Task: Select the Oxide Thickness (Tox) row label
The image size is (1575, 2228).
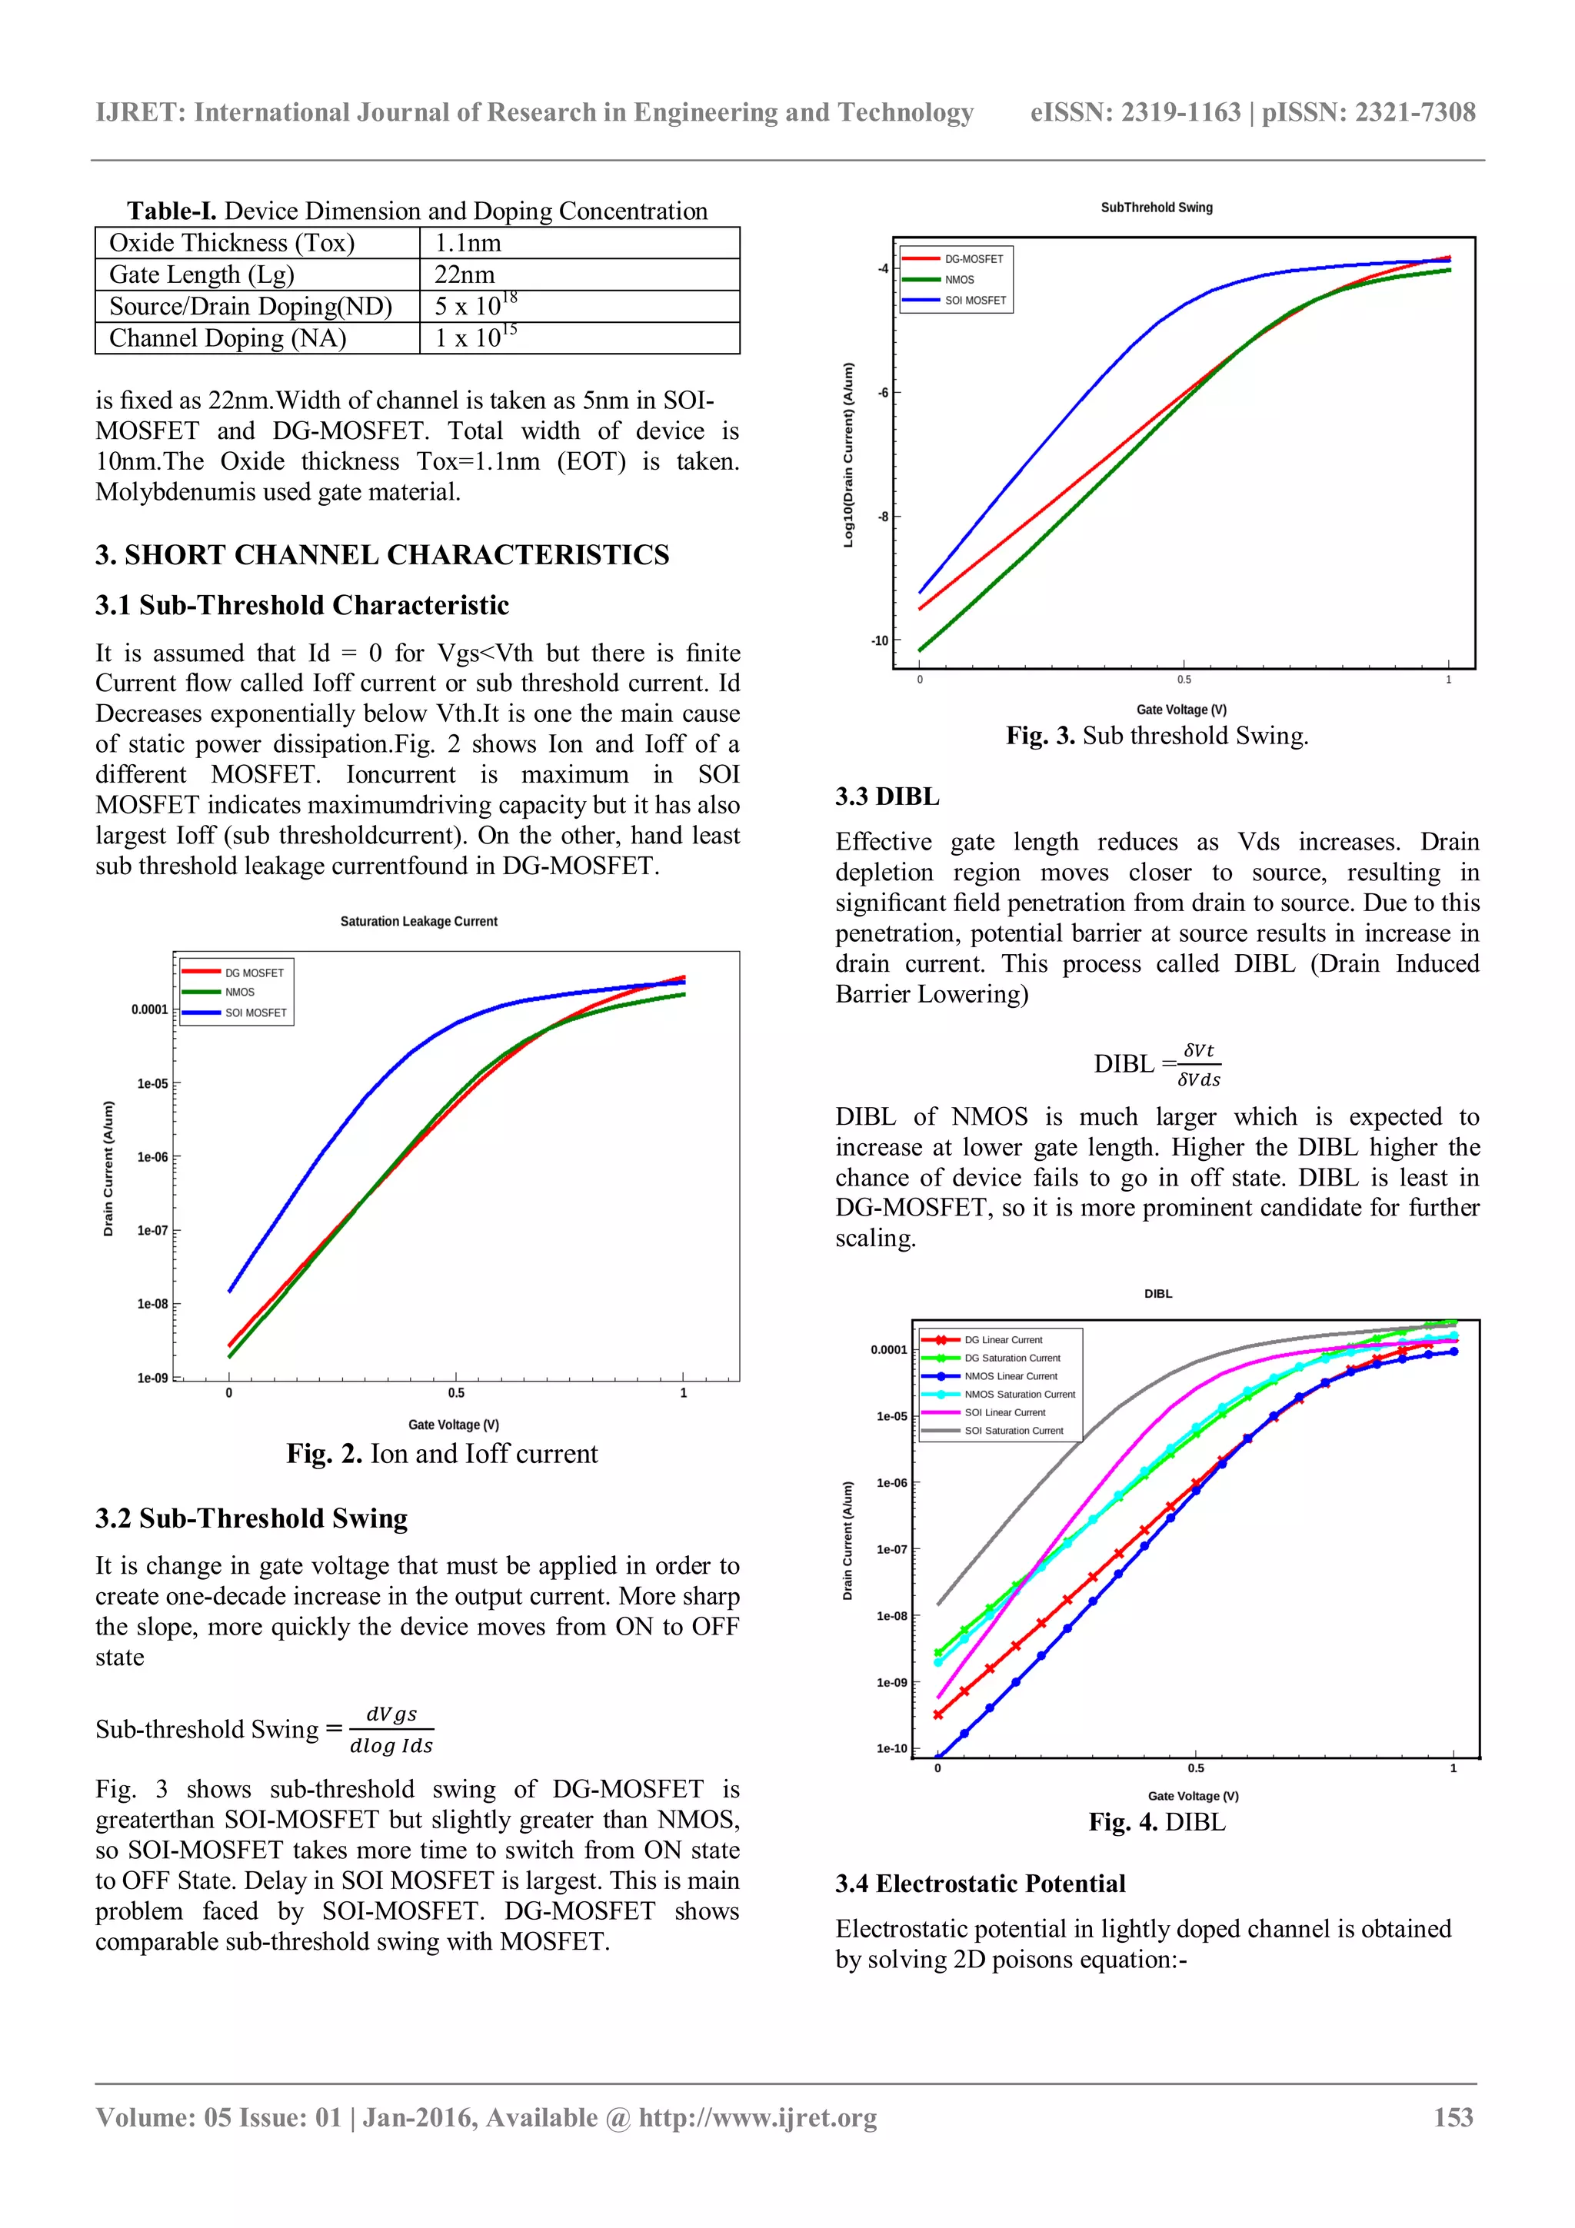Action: tap(232, 243)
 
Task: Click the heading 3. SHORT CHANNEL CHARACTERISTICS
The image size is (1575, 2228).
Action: tap(382, 555)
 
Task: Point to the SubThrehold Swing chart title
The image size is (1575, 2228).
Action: tap(1156, 208)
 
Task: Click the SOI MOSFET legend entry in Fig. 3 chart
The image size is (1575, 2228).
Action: tap(974, 300)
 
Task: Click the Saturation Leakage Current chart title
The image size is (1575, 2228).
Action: tap(418, 921)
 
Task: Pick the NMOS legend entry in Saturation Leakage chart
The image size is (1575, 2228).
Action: tap(240, 992)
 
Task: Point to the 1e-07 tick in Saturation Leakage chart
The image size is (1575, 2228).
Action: tap(152, 1230)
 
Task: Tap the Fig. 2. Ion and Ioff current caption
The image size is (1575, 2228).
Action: tap(441, 1454)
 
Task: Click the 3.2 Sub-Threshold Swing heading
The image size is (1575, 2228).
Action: tap(251, 1518)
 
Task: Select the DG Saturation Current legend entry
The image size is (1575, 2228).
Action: tap(1011, 1358)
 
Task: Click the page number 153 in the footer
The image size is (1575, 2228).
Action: tap(1453, 2117)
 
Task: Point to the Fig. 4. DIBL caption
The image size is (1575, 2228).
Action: tap(1157, 1821)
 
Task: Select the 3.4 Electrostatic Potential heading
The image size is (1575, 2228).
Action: tap(980, 1884)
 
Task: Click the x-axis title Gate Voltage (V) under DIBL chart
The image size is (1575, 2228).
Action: tap(1193, 1795)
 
